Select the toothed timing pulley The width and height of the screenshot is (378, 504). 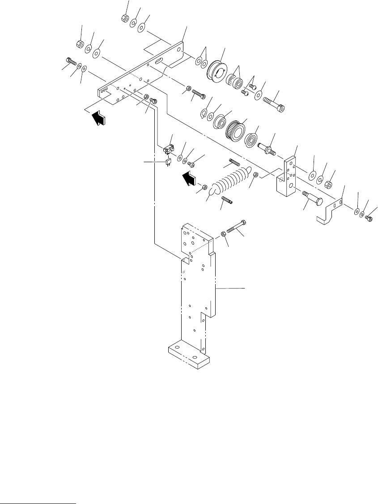[x=235, y=130]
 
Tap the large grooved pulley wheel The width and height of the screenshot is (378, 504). [x=217, y=71]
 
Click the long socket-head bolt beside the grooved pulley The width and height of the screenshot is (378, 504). [x=274, y=103]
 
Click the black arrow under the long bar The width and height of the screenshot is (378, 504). [x=100, y=118]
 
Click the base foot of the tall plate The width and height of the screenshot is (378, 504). [x=188, y=356]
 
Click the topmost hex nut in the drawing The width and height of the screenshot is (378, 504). [x=125, y=18]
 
